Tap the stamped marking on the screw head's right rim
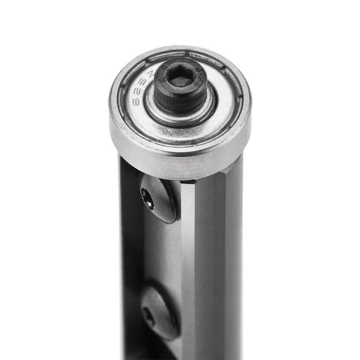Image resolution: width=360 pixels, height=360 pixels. pyautogui.click(x=204, y=77)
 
